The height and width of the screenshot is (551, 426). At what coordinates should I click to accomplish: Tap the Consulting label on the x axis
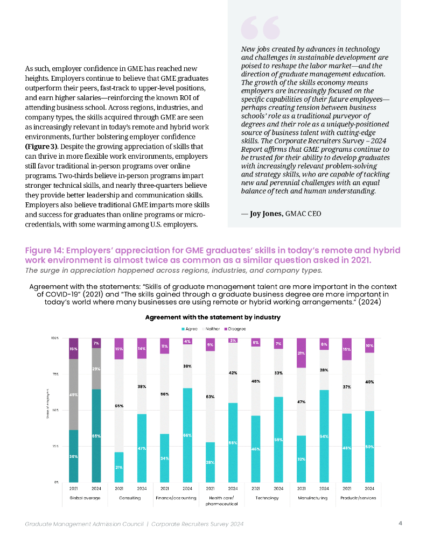point(130,498)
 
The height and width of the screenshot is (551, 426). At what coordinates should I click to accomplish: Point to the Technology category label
point(267,498)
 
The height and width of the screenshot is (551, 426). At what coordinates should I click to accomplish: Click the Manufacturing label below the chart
point(313,498)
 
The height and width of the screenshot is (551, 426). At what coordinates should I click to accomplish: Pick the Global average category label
point(84,498)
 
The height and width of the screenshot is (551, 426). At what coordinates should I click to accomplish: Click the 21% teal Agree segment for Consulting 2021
point(118,467)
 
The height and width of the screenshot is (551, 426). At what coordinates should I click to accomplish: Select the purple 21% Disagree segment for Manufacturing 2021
point(302,353)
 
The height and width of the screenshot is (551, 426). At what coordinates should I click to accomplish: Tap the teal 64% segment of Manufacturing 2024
point(324,436)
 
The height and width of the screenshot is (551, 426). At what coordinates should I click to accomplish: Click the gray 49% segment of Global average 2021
point(73,394)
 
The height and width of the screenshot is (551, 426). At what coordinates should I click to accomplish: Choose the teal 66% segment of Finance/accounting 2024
point(187,435)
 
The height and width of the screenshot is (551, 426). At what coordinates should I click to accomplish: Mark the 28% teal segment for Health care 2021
point(210,462)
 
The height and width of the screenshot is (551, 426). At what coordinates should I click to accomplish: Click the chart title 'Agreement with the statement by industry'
point(213,317)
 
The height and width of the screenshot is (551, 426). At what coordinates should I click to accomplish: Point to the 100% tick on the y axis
point(55,338)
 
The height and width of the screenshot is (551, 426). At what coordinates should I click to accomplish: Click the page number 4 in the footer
point(400,523)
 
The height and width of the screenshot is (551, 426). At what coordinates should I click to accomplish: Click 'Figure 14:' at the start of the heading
point(45,251)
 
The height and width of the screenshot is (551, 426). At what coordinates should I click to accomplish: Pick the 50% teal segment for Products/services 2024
point(370,447)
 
